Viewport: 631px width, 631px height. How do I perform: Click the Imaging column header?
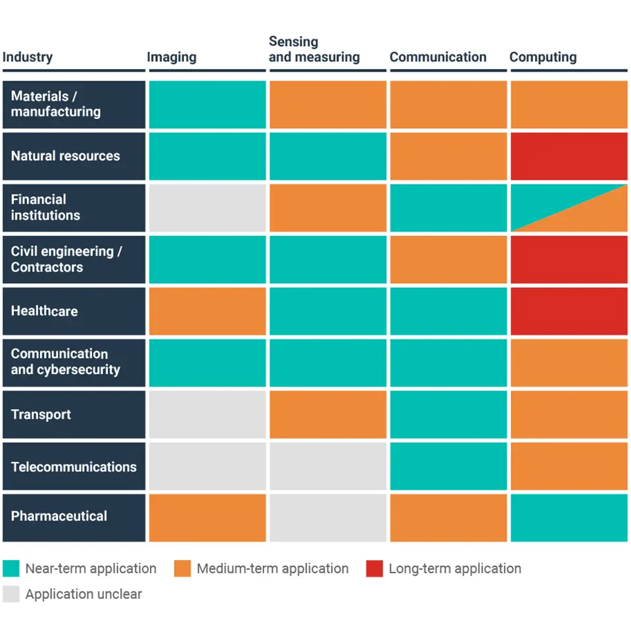point(172,57)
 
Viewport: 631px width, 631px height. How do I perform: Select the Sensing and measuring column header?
point(314,49)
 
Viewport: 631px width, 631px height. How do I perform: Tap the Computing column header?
point(543,57)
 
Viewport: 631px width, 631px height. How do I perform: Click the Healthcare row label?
point(44,311)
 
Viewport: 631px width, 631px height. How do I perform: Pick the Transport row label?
point(41,415)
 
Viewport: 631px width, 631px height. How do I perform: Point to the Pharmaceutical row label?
point(58,516)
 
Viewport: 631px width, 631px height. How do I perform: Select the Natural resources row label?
point(65,156)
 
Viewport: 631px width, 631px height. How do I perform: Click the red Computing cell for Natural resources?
point(569,156)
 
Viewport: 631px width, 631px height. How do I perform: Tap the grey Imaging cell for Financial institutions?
point(207,207)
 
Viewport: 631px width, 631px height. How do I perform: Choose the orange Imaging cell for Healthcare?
point(207,311)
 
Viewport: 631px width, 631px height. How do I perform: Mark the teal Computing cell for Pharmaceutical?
point(569,517)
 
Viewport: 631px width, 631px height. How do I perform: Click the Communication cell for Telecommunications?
point(448,466)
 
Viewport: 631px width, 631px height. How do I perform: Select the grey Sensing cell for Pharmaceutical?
point(327,517)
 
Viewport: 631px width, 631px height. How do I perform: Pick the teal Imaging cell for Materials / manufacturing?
point(207,105)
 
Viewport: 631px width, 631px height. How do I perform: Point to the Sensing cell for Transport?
point(327,415)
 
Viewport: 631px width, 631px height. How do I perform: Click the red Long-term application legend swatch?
point(374,569)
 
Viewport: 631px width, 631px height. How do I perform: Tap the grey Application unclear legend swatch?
point(11,594)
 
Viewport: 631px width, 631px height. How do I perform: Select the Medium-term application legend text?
point(272,569)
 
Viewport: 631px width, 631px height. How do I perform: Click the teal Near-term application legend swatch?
point(11,569)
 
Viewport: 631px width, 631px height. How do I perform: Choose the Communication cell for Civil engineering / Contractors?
point(448,259)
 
